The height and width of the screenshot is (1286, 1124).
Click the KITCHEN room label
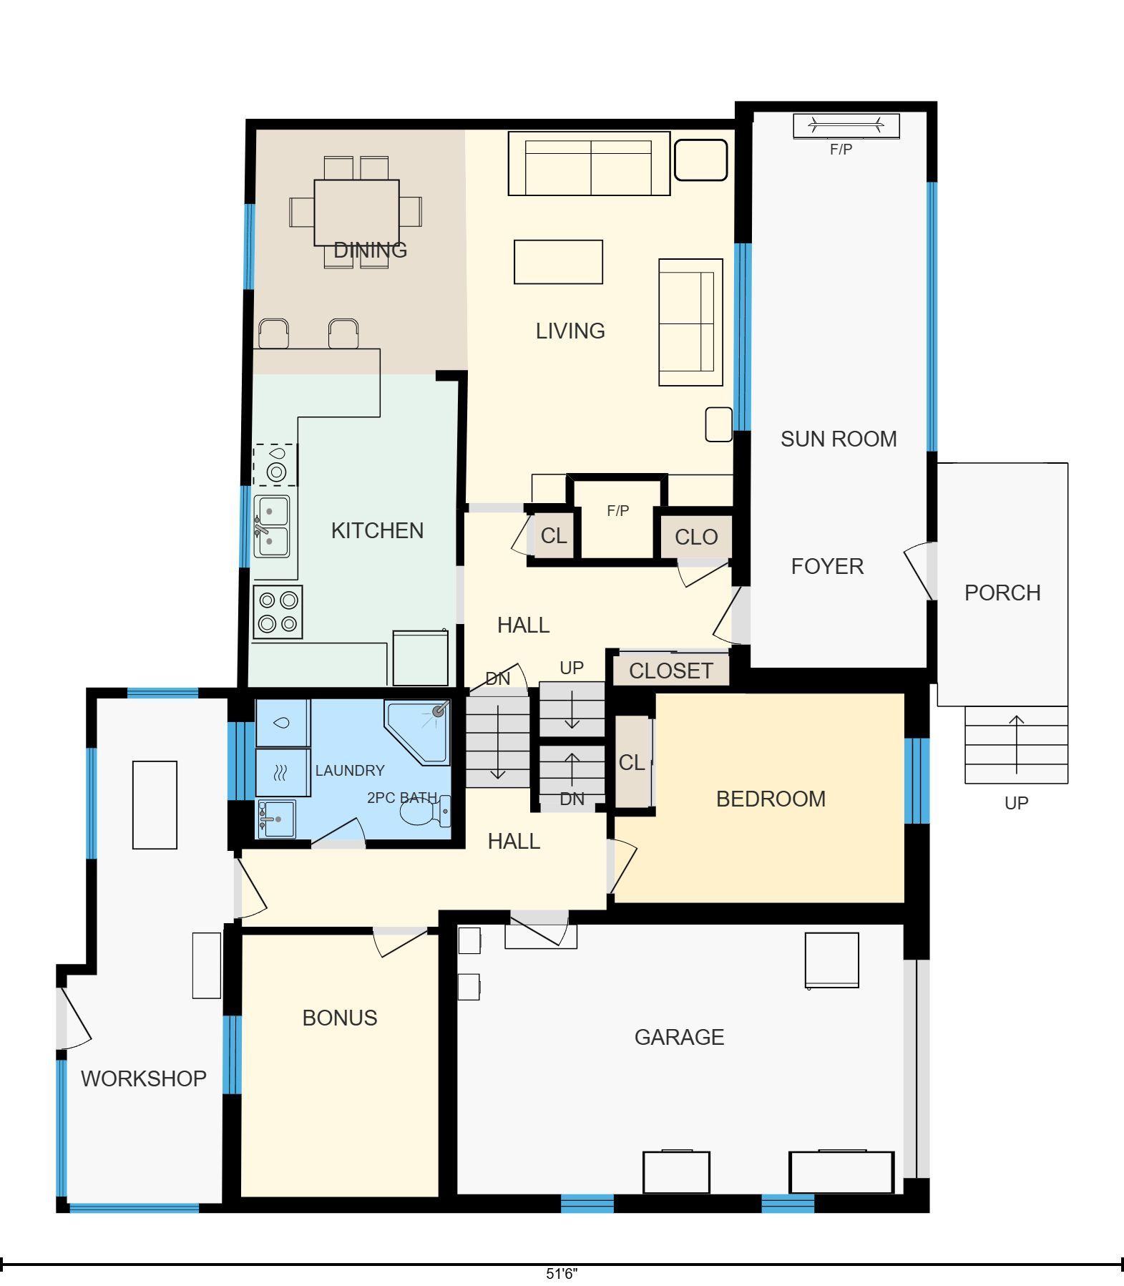point(377,530)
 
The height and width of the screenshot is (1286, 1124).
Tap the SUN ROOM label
point(839,439)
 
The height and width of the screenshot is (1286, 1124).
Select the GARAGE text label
point(679,1037)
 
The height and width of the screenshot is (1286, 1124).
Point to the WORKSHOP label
point(144,1078)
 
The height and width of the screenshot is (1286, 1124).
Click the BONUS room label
point(340,1018)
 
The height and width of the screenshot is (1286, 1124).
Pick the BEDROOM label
point(771,799)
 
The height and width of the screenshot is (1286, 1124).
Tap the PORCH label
point(1002,593)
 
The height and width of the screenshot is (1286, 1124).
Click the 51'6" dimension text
point(562,1274)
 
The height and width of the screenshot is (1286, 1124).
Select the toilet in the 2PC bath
point(425,811)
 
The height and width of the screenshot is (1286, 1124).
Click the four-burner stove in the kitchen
point(278,613)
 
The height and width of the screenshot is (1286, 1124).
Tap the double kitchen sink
point(272,526)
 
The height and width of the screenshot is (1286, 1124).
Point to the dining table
point(356,213)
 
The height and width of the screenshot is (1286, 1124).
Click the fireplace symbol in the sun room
point(846,127)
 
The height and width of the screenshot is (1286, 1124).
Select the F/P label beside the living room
point(617,511)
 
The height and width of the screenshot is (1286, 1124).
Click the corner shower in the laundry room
point(418,732)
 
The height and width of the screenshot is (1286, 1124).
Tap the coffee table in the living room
point(558,262)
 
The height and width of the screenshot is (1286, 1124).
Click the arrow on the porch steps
point(1017,744)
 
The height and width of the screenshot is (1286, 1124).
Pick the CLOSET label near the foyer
point(671,671)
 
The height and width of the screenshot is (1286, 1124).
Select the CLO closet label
point(696,537)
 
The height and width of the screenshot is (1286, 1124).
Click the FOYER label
point(827,566)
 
